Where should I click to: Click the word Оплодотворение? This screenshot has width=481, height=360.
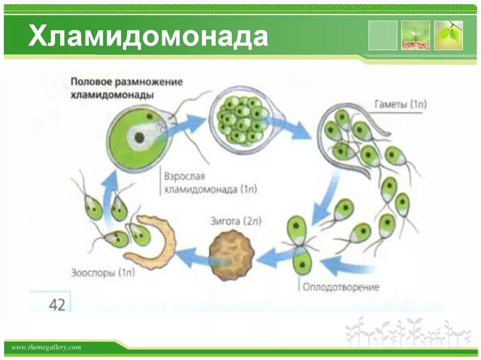pos(341,287)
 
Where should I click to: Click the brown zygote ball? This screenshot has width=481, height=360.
pos(231,254)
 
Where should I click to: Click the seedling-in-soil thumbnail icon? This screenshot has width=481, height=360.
pos(415,35)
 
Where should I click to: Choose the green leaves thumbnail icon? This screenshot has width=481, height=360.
pos(449,35)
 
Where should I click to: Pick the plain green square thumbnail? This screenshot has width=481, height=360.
pos(382,35)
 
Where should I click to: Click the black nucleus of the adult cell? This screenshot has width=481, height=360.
pos(140,138)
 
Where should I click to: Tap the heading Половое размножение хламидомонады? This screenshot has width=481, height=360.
pos(126,88)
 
